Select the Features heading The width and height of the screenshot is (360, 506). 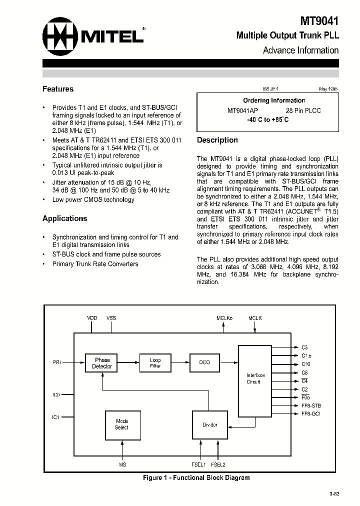click(x=58, y=89)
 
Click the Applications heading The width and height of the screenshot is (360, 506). click(x=65, y=218)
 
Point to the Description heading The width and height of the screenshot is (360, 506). click(x=217, y=140)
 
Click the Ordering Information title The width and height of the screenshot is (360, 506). click(x=267, y=100)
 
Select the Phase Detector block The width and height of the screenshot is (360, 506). click(x=102, y=363)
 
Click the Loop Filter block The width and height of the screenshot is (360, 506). click(x=155, y=363)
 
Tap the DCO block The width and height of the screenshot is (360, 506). click(x=204, y=362)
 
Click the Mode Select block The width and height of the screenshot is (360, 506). click(x=121, y=424)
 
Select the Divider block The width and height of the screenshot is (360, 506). click(x=210, y=424)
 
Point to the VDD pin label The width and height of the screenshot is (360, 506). click(x=92, y=318)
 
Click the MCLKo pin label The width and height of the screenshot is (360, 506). click(x=223, y=318)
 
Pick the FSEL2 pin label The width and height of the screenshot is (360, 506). click(x=218, y=465)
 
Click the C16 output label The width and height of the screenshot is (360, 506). click(x=306, y=364)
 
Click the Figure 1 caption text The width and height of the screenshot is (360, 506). click(x=196, y=478)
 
